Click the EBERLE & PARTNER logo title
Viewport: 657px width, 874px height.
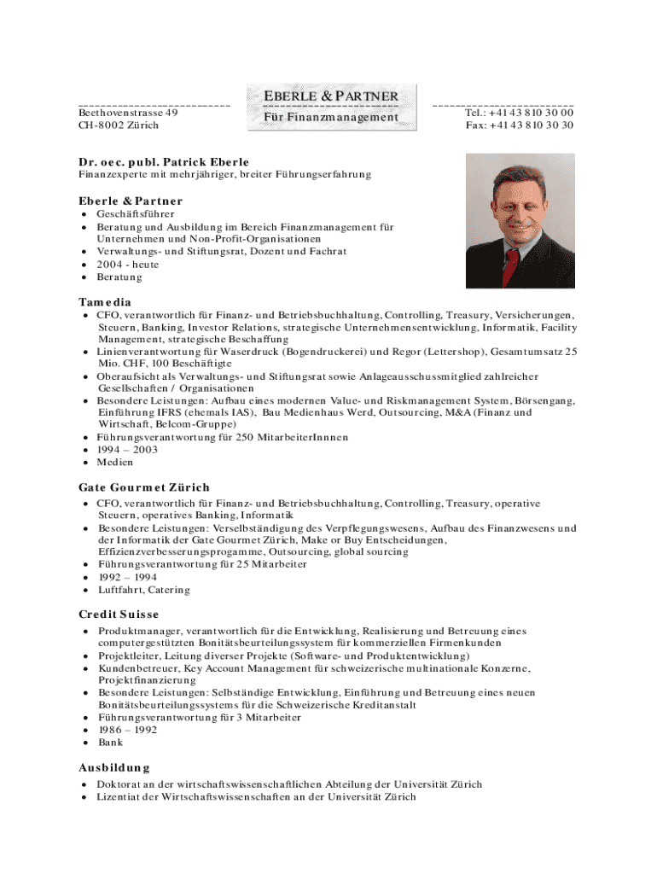click(x=330, y=96)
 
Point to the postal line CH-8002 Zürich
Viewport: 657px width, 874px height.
click(x=118, y=125)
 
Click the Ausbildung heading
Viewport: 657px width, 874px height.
click(x=114, y=767)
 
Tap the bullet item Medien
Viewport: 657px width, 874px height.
click(x=115, y=463)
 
